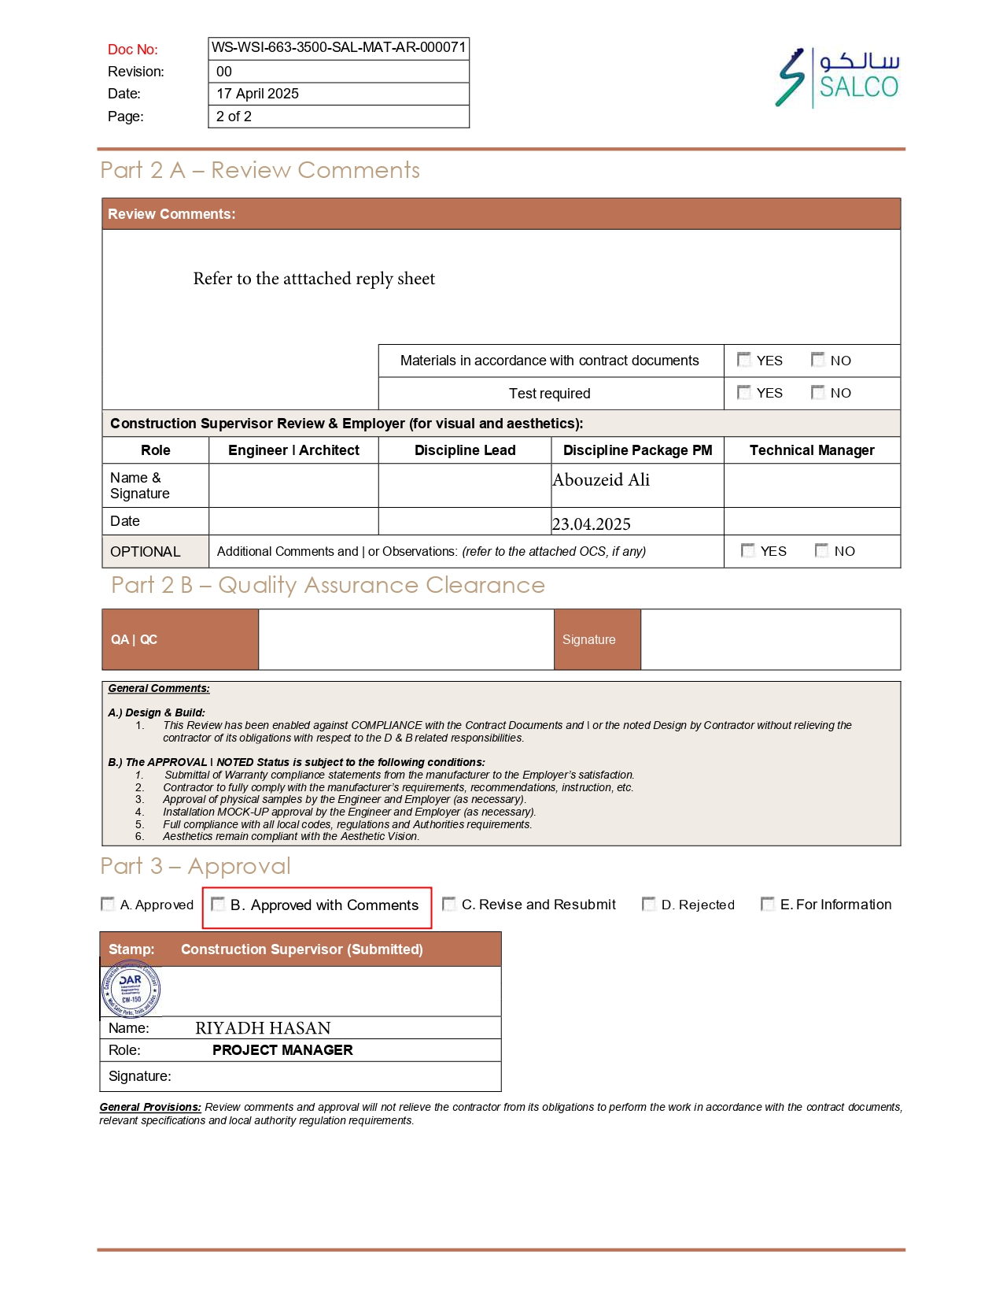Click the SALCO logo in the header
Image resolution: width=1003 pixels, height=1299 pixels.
click(837, 77)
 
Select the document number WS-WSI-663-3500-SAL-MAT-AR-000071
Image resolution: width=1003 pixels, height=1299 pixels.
click(338, 47)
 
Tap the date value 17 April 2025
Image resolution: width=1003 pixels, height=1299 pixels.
click(257, 94)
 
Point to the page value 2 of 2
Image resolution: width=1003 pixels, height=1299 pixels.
click(234, 117)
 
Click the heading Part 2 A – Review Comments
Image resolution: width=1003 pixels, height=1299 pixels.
click(260, 170)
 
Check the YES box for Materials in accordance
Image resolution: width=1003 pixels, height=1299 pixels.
click(743, 360)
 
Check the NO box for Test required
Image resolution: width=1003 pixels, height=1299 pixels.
click(818, 392)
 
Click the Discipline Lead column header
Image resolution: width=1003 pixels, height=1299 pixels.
click(465, 450)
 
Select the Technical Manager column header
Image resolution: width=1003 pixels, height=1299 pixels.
click(812, 450)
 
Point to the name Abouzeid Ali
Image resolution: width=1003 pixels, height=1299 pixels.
click(601, 480)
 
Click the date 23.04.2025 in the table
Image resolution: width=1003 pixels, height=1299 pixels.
click(592, 524)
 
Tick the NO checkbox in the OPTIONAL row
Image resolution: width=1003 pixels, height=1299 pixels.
click(822, 550)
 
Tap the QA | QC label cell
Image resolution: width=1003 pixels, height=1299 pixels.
click(135, 639)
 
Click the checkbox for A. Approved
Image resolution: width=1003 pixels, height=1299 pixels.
click(108, 904)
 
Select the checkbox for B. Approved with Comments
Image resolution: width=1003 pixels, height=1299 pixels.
click(218, 904)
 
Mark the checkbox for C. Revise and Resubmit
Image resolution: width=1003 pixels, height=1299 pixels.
click(449, 904)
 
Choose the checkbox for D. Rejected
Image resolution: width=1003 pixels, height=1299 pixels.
click(649, 904)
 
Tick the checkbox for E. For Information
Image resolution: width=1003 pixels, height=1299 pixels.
click(768, 904)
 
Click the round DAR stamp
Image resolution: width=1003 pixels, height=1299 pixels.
click(131, 990)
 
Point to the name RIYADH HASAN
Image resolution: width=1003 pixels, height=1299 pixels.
click(263, 1028)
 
